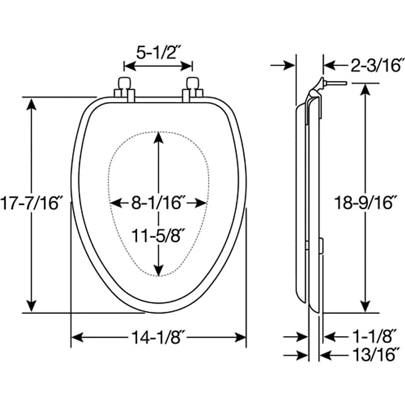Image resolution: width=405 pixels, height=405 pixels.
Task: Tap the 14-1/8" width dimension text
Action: [158, 337]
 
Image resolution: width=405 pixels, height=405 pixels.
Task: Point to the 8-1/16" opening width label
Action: [158, 203]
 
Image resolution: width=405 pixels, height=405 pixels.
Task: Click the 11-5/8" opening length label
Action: [158, 236]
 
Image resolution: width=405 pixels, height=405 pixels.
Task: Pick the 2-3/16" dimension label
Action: [377, 65]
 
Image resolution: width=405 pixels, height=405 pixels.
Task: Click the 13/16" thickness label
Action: [373, 355]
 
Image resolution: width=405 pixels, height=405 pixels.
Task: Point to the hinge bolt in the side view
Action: [335, 83]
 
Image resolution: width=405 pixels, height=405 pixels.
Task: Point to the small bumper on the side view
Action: [321, 246]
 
